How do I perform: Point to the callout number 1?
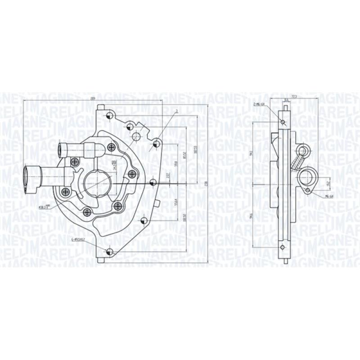[177, 110]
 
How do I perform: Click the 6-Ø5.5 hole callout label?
[77, 239]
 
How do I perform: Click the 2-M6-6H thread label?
[260, 104]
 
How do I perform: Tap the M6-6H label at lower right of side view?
[328, 196]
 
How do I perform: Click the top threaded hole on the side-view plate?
[283, 121]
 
